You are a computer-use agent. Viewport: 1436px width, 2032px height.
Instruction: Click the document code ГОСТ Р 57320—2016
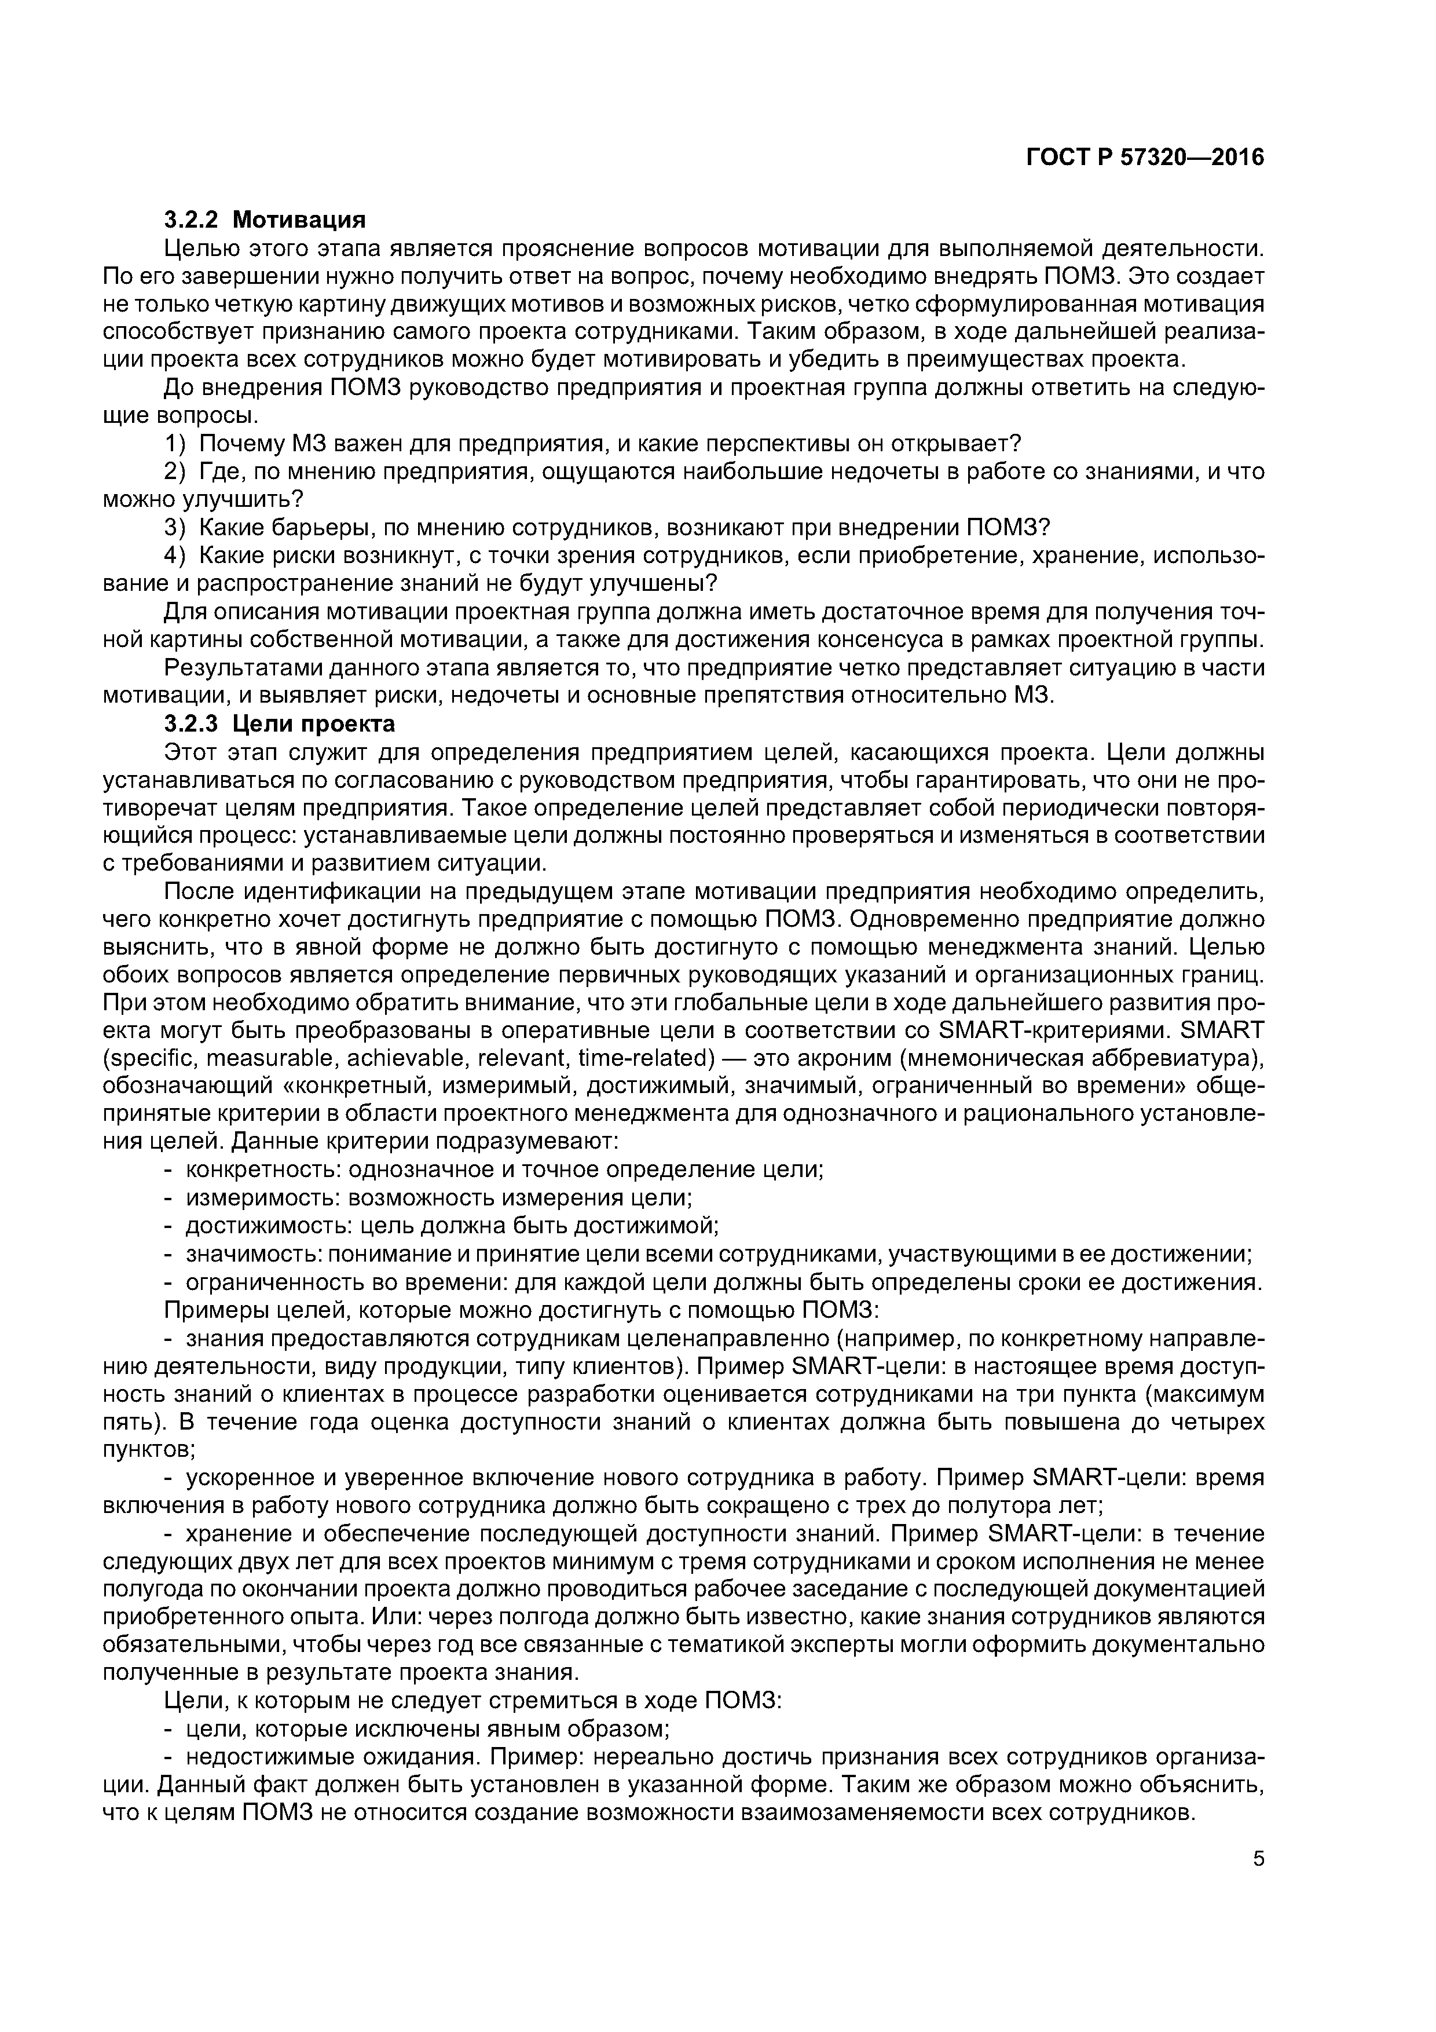tap(1145, 158)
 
